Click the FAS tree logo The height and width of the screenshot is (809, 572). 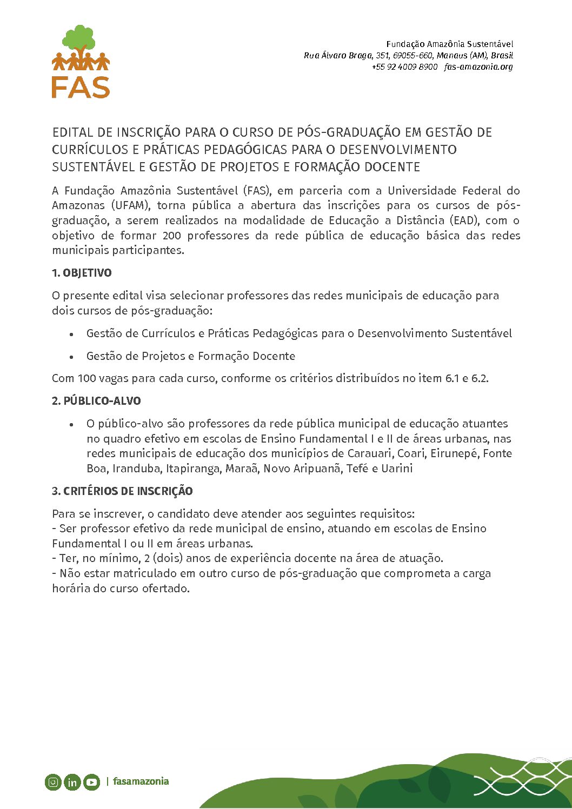[81, 62]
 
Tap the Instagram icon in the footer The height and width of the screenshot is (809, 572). [53, 781]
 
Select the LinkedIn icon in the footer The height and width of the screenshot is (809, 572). [72, 782]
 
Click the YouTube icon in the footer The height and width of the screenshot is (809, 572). [91, 782]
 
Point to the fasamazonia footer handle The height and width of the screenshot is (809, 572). [141, 781]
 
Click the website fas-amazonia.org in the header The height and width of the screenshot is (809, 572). [478, 67]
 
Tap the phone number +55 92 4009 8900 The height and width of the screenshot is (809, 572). [404, 67]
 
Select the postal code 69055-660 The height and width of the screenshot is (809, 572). [413, 56]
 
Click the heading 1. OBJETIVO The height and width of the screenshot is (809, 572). [82, 273]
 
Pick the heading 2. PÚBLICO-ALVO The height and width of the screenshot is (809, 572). [96, 401]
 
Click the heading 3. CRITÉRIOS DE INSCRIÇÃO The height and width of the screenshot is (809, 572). [122, 491]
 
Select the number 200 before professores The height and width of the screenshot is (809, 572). [171, 236]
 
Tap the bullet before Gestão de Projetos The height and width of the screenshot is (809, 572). [71, 357]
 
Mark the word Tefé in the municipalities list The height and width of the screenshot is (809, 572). [357, 469]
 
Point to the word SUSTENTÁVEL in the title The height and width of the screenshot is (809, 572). [94, 167]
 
